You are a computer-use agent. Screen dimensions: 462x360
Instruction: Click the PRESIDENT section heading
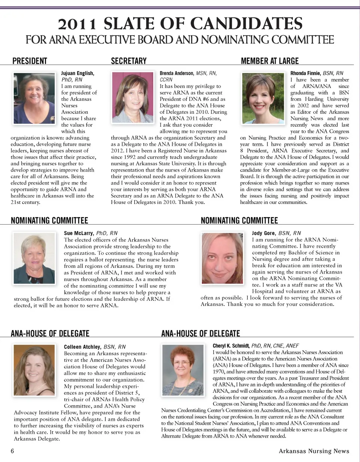point(30,61)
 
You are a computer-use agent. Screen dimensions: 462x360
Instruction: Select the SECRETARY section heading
point(129,61)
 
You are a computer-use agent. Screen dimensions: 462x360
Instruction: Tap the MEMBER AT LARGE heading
point(270,61)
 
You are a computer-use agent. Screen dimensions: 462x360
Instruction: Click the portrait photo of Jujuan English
point(34,98)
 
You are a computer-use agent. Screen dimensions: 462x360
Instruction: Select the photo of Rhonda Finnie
point(263,98)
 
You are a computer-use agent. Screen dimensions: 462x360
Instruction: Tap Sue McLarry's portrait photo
point(34,258)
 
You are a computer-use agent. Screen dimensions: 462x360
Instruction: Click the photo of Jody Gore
point(222,258)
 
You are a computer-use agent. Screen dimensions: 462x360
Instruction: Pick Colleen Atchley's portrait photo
point(34,370)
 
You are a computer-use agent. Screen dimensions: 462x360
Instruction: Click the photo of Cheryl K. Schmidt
point(183,370)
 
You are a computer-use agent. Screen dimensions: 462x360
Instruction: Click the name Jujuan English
point(78,73)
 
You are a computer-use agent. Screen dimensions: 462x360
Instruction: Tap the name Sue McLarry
point(79,233)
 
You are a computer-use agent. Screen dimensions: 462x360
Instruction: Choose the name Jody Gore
point(264,233)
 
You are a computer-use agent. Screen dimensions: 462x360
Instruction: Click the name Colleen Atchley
point(82,347)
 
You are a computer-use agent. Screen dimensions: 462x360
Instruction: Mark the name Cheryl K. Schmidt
point(231,345)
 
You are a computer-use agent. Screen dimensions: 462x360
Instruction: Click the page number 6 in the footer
point(12,451)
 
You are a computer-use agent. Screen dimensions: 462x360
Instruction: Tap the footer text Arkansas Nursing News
point(314,451)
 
